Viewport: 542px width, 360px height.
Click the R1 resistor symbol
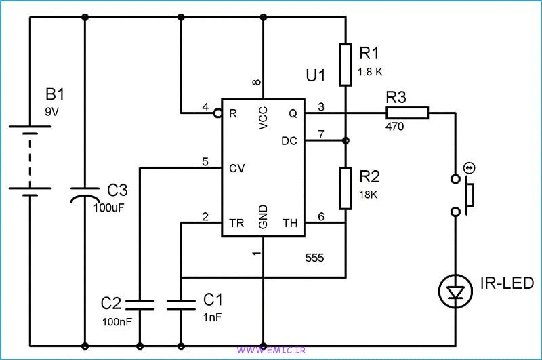(346, 65)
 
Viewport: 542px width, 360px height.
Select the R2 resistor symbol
(346, 187)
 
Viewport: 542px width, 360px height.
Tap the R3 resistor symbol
(407, 113)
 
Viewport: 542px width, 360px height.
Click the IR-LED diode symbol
(456, 292)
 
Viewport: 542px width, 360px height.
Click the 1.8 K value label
(371, 71)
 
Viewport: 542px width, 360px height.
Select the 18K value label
(369, 194)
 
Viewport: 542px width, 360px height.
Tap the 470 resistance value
(394, 126)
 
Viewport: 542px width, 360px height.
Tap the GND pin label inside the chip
(263, 217)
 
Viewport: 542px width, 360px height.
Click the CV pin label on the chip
(236, 167)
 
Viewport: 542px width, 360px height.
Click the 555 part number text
(314, 258)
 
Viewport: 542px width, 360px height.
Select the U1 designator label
(316, 77)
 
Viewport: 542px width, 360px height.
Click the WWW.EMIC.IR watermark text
(270, 351)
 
